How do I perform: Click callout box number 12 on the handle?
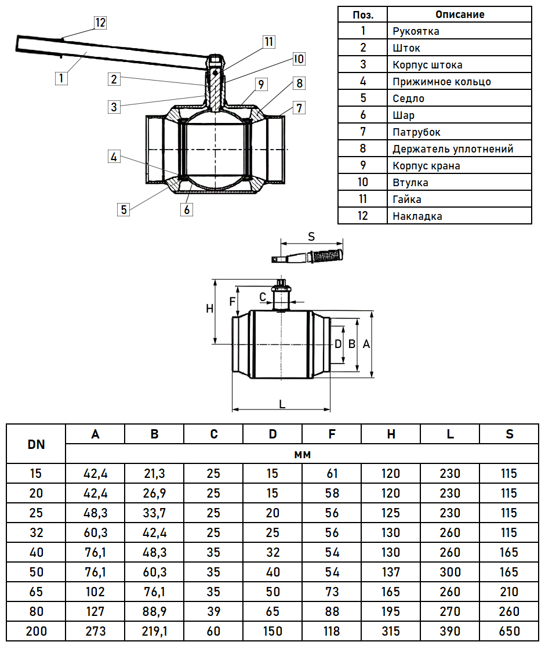100,23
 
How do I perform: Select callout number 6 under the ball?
187,209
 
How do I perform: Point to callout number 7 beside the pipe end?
299,107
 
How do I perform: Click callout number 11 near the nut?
268,42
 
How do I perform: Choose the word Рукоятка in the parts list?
416,31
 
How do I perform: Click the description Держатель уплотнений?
453,149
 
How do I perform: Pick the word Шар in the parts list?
404,115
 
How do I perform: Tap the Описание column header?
460,14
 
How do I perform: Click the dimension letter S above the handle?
311,236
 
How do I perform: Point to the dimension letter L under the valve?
282,404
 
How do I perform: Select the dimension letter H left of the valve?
210,309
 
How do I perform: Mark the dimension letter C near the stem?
263,297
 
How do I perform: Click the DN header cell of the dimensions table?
36,445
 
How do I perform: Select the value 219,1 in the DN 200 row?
154,631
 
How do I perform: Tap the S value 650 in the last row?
508,631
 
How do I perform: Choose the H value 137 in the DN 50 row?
391,572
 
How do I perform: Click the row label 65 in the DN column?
36,592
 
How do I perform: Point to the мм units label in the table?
302,454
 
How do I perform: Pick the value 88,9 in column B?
154,611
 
